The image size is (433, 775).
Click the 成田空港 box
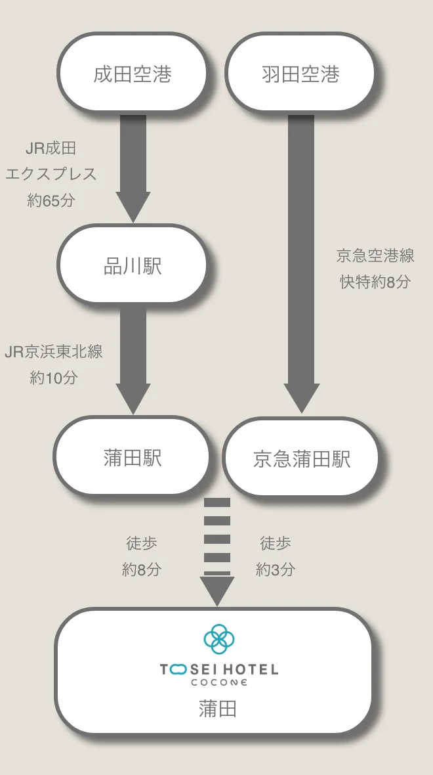[132, 73]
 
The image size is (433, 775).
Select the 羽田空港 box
[300, 73]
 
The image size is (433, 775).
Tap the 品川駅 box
[132, 265]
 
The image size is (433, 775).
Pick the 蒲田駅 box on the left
[131, 456]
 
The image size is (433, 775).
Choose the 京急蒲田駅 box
[300, 457]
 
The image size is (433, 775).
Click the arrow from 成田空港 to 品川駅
[133, 168]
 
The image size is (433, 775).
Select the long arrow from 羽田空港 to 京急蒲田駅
[301, 263]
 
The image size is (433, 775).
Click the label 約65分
[51, 200]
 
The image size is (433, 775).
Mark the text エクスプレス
[51, 174]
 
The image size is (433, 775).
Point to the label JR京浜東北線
[54, 351]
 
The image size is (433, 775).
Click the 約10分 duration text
[54, 378]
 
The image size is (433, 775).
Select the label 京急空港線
[375, 255]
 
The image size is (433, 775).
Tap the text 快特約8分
[375, 282]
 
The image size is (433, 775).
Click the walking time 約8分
[142, 569]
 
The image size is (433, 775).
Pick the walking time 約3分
[276, 569]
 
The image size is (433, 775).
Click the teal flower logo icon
[219, 638]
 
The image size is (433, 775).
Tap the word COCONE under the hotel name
[219, 682]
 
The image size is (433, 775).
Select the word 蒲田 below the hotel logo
[218, 709]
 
